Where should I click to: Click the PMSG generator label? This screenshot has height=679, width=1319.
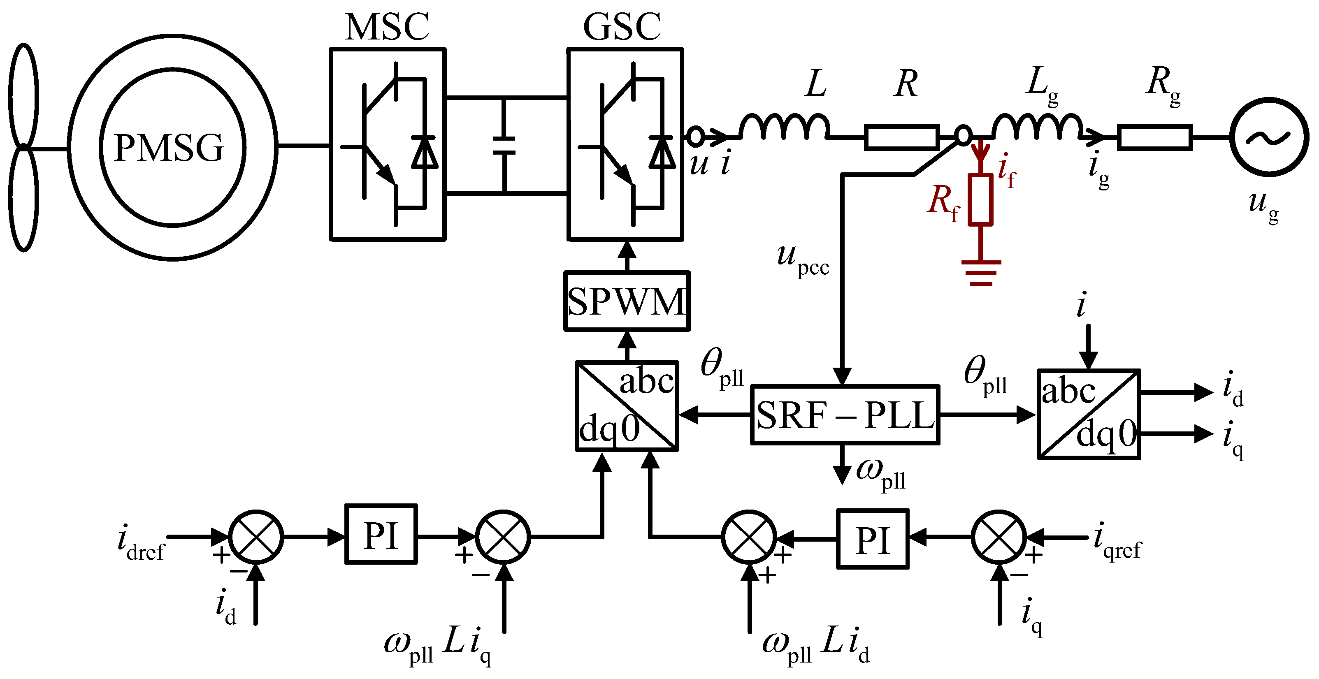click(169, 148)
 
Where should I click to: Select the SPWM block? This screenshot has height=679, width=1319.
click(626, 301)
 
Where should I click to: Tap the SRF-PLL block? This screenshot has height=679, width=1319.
click(845, 415)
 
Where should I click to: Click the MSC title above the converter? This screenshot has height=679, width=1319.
click(387, 27)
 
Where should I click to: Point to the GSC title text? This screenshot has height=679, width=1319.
click(622, 27)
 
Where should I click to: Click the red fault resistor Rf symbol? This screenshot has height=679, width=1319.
click(980, 199)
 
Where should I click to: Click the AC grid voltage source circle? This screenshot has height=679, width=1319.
click(1269, 137)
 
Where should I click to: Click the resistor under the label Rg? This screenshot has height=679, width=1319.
click(1154, 137)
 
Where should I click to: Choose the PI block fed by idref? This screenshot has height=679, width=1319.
click(381, 534)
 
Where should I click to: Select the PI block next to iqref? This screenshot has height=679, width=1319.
click(873, 539)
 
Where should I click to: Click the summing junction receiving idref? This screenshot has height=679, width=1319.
click(255, 537)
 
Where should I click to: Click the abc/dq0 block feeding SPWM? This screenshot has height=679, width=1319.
click(627, 406)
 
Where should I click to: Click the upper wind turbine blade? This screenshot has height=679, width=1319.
click(23, 95)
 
